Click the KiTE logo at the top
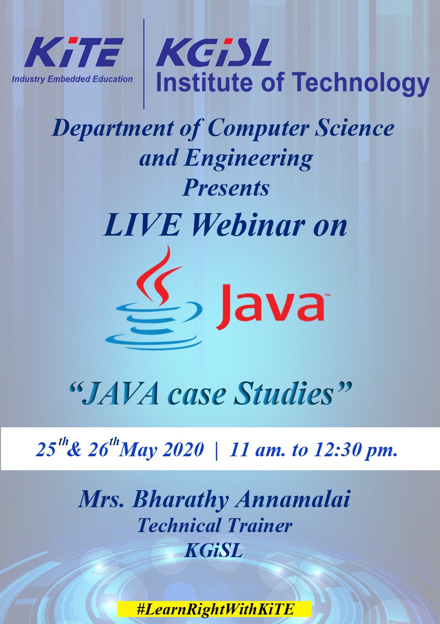(74, 52)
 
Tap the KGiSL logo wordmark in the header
(214, 52)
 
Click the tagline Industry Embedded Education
(72, 79)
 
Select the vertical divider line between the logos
(144, 64)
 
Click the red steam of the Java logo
(158, 275)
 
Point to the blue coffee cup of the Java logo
(154, 325)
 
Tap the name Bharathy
(180, 501)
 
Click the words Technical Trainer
(215, 526)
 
